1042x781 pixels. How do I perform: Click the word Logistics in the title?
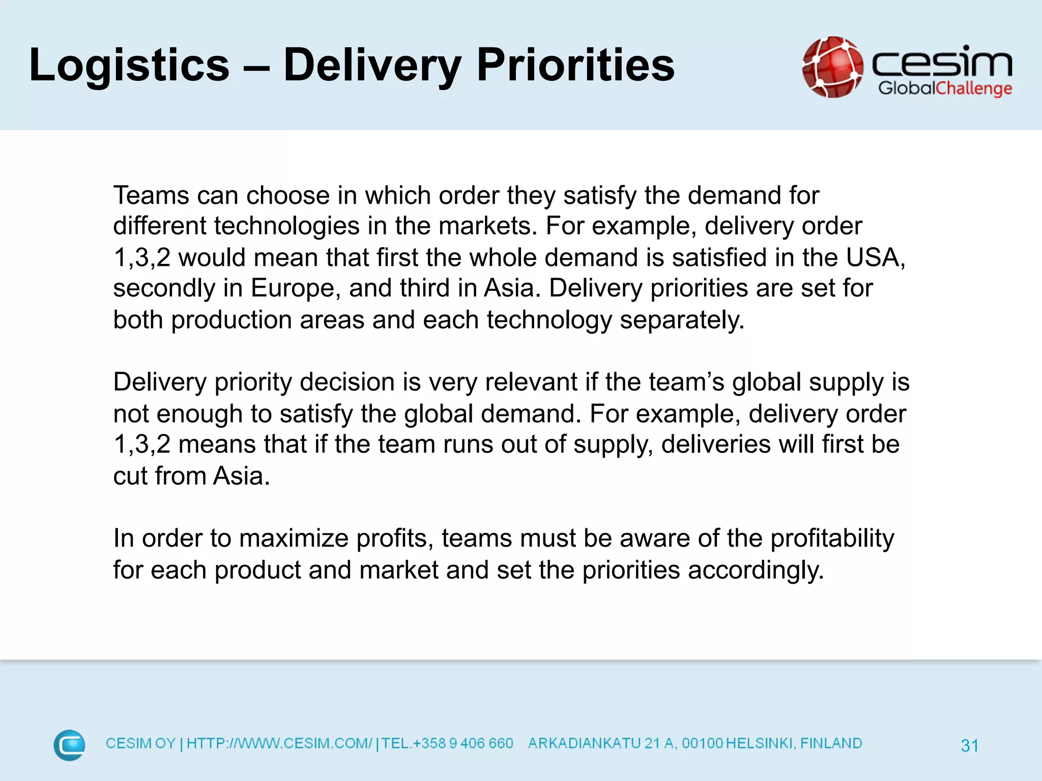click(x=129, y=65)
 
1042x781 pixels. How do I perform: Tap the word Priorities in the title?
click(x=575, y=65)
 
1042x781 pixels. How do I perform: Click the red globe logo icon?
click(x=832, y=67)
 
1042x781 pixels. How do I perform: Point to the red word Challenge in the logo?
click(x=974, y=88)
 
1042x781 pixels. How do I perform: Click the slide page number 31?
click(x=969, y=745)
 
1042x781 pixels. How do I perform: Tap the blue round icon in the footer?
click(x=70, y=745)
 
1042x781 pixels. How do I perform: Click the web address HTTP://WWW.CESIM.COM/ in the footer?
click(x=279, y=743)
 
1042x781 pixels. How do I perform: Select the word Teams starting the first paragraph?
click(x=151, y=195)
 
